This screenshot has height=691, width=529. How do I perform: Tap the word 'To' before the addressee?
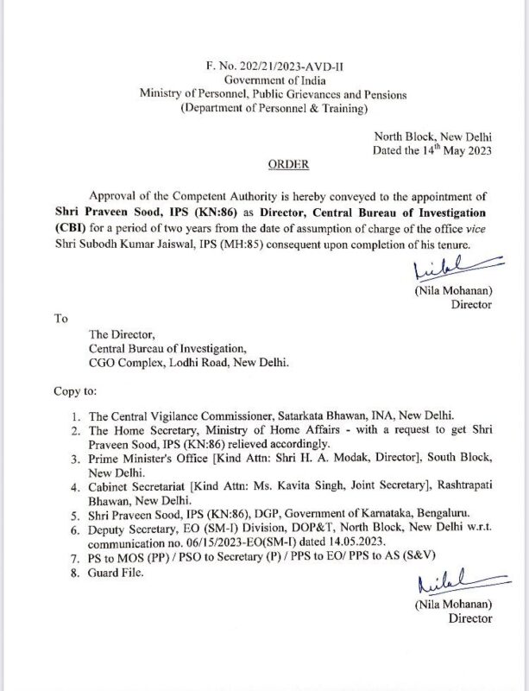tap(60, 318)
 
